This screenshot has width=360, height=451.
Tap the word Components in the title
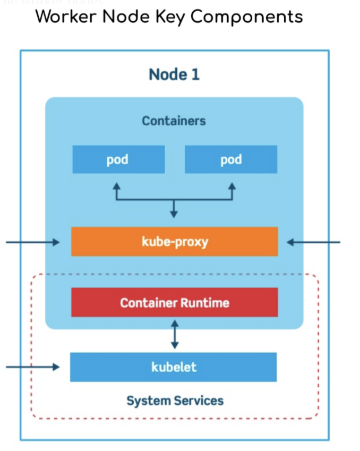tap(246, 16)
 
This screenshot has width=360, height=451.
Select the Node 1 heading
tap(174, 74)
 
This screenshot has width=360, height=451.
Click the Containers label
tap(174, 121)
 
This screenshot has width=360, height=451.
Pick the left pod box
tap(118, 159)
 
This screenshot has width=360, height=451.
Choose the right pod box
tap(231, 159)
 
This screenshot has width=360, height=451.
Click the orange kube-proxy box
tap(174, 242)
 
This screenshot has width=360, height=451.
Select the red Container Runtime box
tap(174, 302)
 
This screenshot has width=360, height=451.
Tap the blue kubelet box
tap(174, 367)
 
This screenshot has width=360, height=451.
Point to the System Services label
tap(175, 400)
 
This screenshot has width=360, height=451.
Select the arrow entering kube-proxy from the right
tap(313, 242)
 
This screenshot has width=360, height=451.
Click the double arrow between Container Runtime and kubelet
tap(174, 334)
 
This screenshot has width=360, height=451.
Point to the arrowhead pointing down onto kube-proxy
tap(174, 214)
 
